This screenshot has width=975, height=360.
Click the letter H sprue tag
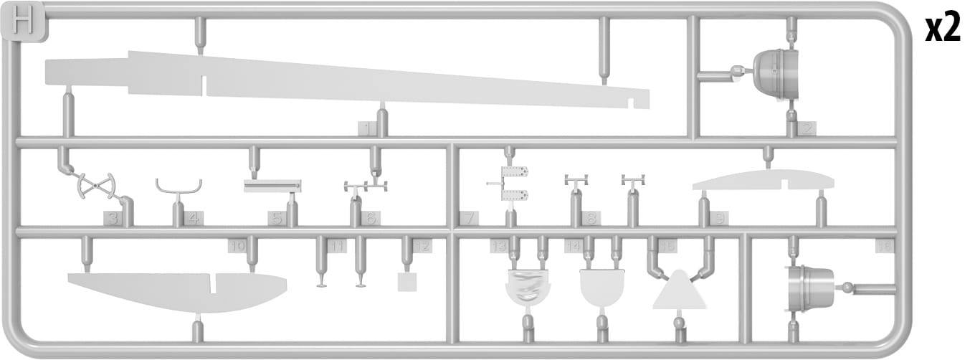25,24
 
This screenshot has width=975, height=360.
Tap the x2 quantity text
941,29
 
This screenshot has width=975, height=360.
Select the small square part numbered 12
407,281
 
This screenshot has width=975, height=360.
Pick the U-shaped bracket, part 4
179,187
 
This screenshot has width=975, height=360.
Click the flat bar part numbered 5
272,186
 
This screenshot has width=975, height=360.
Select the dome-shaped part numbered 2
771,72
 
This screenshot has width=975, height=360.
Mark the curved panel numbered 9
763,180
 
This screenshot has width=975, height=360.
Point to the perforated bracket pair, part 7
515,184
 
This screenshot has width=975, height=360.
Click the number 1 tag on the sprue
367,129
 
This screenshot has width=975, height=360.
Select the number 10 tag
237,246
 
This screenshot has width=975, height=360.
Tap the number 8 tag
591,218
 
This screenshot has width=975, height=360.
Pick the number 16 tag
885,246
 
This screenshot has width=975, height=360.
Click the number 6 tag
370,218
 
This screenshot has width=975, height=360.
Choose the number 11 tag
337,246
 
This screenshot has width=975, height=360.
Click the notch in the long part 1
204,85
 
